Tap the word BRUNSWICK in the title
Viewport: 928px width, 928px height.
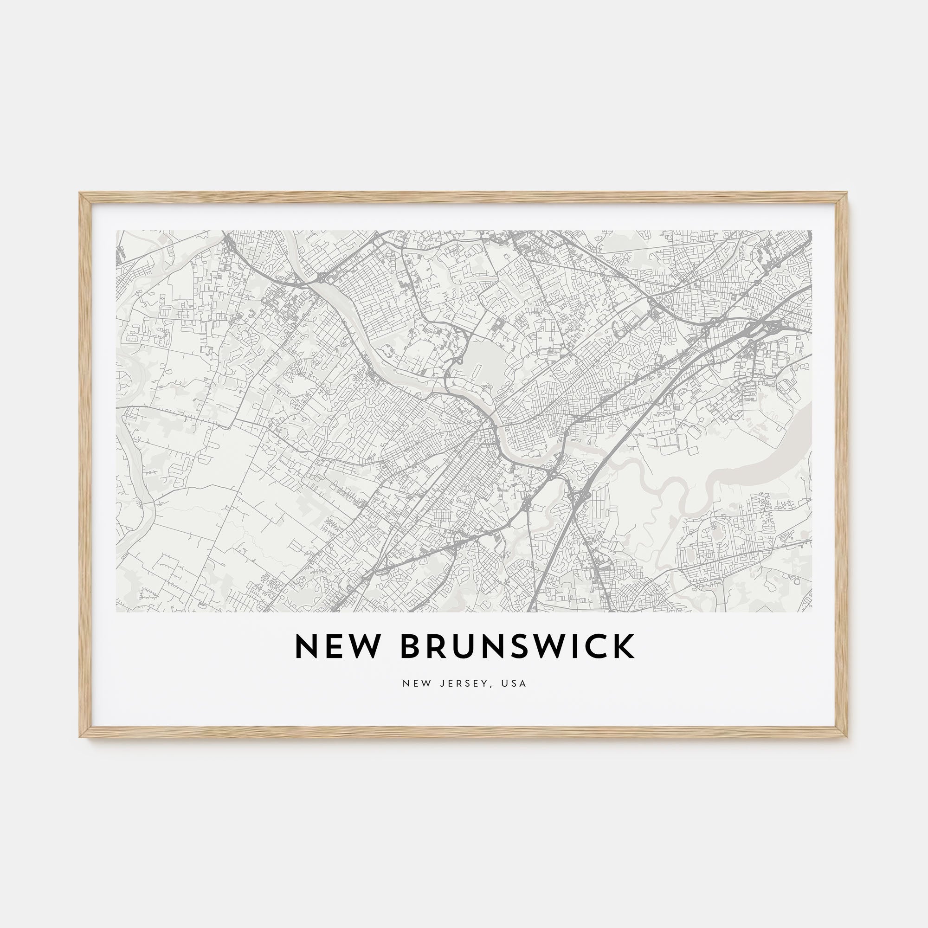(518, 646)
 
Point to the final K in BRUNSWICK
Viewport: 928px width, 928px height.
(625, 646)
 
